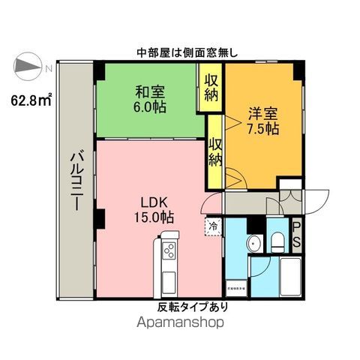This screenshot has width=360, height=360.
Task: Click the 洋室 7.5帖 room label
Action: (x=262, y=121)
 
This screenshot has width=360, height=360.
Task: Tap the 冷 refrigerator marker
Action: (x=213, y=223)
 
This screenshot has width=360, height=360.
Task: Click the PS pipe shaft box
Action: (x=296, y=233)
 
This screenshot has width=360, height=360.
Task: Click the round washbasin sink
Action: (x=253, y=244)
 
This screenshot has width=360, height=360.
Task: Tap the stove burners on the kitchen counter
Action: (x=169, y=251)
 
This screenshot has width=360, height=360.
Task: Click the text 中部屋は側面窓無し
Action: (x=187, y=52)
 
